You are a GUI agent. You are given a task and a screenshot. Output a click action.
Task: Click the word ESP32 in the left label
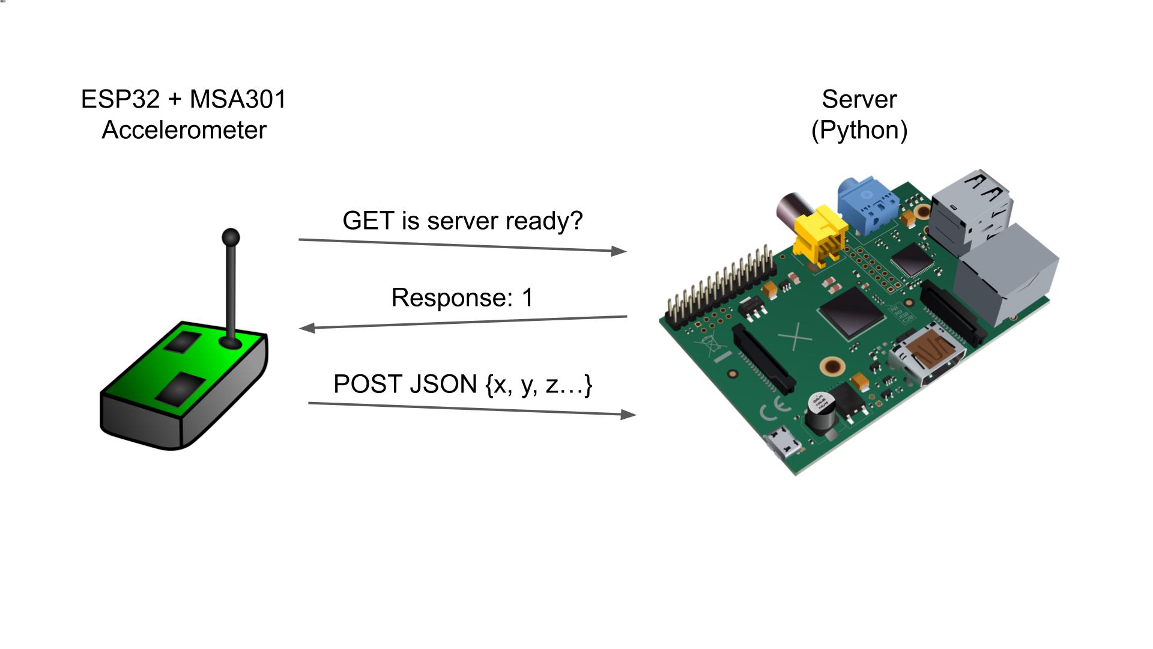coord(120,100)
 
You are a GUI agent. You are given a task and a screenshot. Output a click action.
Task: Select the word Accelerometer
coord(184,130)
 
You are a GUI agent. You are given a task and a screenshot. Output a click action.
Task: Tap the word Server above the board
coord(859,100)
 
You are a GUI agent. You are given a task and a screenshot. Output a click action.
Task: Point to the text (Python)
coord(859,130)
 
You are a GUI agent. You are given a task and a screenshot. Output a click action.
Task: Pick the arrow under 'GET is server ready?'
coord(462,245)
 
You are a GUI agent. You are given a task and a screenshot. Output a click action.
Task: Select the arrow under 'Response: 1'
coord(462,322)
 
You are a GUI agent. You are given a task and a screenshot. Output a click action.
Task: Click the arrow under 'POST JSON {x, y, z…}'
coord(472,409)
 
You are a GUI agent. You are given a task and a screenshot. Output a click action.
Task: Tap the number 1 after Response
coord(527,298)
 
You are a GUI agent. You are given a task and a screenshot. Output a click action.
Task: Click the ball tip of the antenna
coord(231,238)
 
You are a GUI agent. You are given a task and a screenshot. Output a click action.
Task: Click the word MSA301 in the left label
coord(238,100)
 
